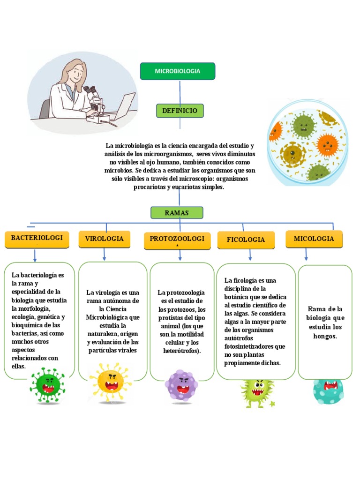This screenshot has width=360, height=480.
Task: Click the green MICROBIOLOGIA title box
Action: coord(178,71)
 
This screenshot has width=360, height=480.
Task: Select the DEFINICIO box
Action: coord(180,111)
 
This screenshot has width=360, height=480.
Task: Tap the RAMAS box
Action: coord(177,213)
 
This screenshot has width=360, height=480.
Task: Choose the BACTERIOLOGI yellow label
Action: coord(37,239)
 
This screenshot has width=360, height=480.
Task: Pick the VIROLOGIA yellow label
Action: coord(105,239)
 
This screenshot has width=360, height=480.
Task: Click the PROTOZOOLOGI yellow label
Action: coord(177,240)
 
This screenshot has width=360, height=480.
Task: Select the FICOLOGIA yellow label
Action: coord(246,240)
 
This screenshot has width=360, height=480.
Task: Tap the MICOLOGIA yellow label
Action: coord(314,239)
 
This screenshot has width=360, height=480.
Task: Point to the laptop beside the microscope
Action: coord(123,107)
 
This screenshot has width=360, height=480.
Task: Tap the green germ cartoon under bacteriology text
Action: coord(48,385)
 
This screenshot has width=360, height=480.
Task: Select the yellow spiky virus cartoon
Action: coord(111,382)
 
